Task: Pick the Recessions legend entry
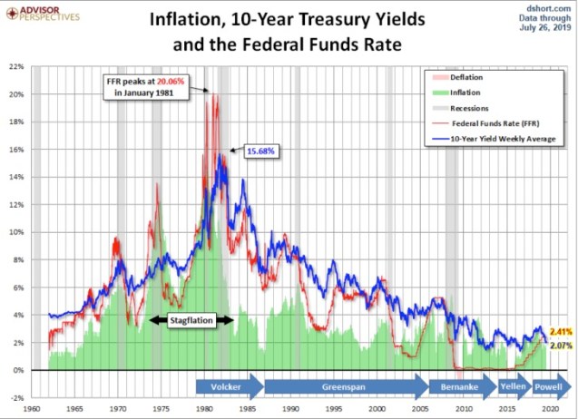(x=486, y=107)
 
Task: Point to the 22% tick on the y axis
(x=17, y=66)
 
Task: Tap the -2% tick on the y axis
(x=17, y=398)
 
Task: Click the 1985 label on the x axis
(x=249, y=409)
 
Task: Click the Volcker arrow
(x=228, y=385)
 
